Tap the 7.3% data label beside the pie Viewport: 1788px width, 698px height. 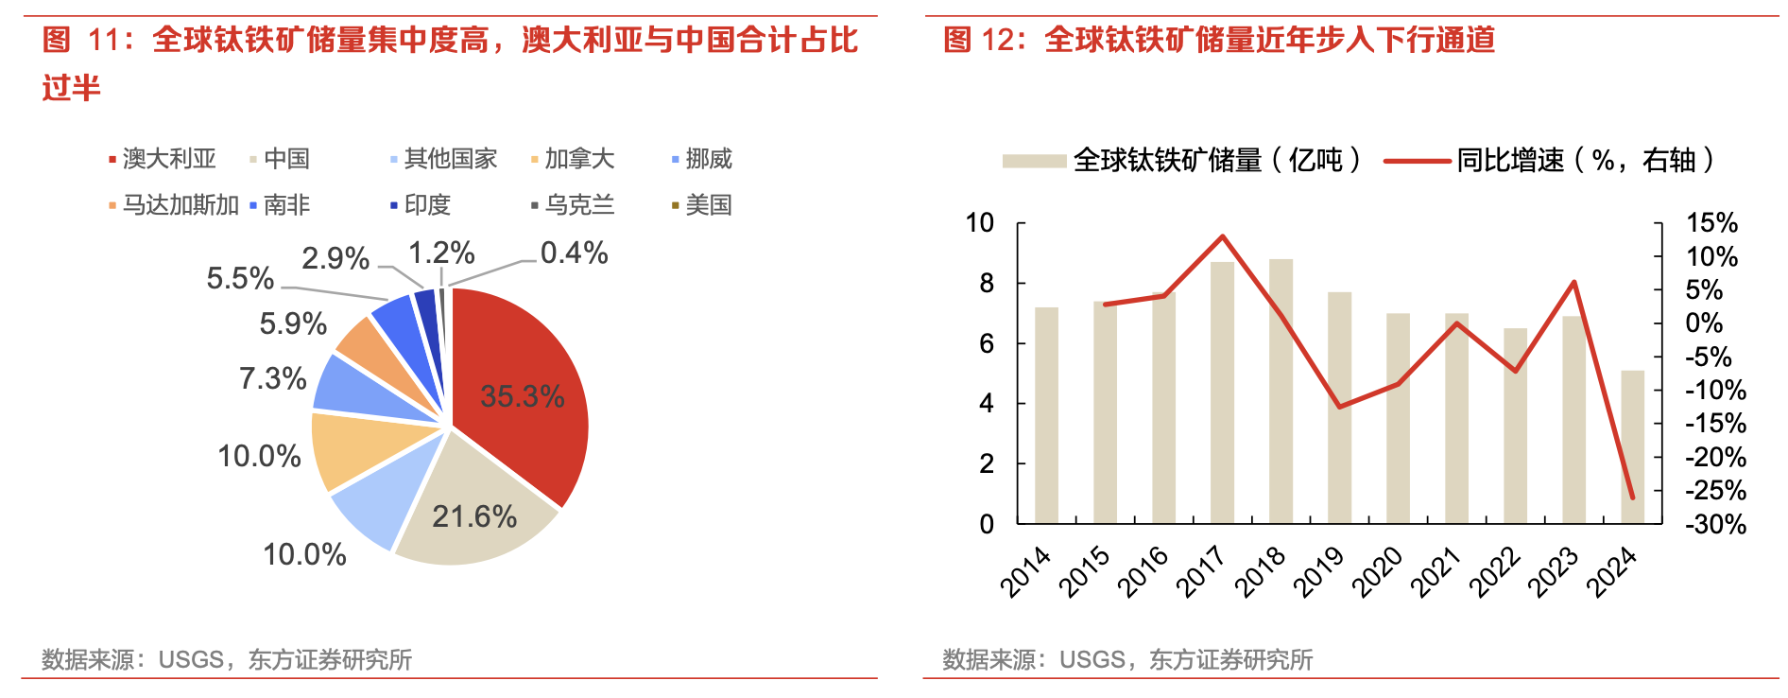272,378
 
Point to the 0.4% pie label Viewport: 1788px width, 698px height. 574,253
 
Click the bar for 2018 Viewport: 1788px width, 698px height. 1281,397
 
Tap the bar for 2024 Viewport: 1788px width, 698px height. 1633,449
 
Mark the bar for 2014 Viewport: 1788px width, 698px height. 1046,416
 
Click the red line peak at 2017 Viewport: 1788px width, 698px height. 1223,236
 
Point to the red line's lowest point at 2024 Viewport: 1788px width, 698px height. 1632,497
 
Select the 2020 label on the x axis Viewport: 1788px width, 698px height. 1377,571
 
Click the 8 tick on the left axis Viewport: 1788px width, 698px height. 986,283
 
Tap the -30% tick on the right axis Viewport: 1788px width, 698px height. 1715,524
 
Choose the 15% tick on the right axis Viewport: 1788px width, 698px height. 1711,223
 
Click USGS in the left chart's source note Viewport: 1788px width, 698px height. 191,659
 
